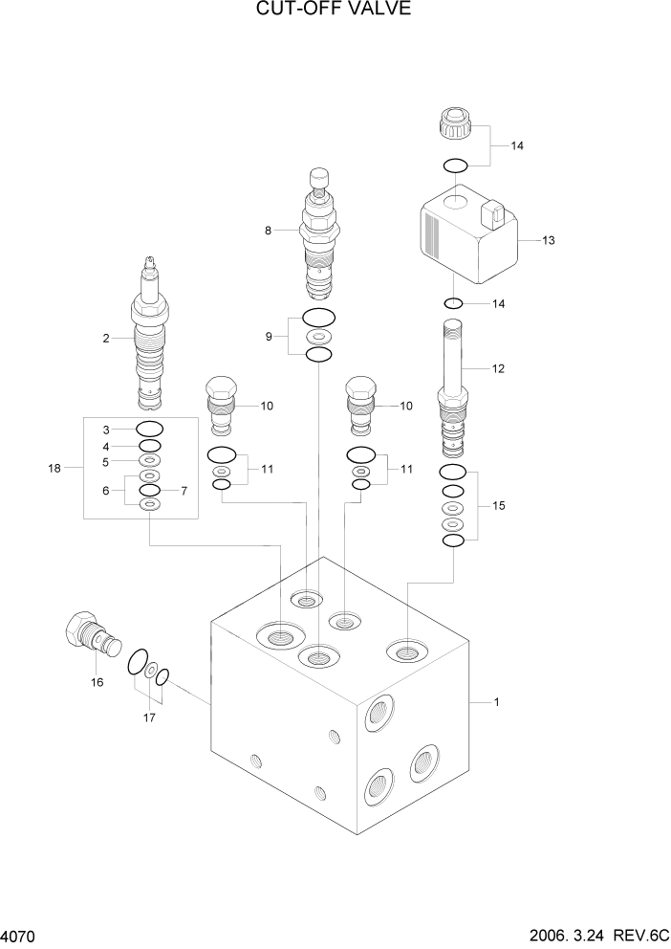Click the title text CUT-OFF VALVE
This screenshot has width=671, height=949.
pos(335,11)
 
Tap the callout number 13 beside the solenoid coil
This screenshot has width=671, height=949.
pos(548,240)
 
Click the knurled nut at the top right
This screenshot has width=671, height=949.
pos(456,124)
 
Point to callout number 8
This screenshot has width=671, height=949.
pos(269,231)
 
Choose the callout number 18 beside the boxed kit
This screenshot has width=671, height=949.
pos(54,468)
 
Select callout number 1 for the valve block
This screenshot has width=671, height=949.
pos(496,702)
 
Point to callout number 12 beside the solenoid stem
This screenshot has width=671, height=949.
pos(497,368)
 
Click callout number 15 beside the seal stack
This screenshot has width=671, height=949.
pos(497,505)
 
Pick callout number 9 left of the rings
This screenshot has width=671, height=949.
pos(269,336)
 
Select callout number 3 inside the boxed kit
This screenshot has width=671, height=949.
pos(108,430)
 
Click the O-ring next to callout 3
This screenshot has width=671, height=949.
pos(150,429)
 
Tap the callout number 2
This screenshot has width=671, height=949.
pos(107,337)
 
